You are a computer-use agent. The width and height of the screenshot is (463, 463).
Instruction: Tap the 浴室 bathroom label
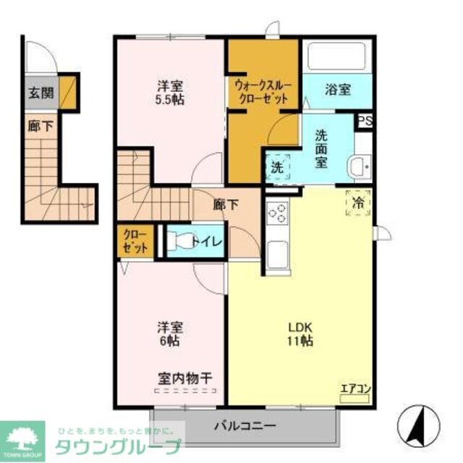(x=337, y=90)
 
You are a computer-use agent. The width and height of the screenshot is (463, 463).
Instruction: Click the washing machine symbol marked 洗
(x=278, y=167)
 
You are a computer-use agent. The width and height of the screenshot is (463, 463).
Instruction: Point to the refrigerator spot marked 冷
(x=360, y=201)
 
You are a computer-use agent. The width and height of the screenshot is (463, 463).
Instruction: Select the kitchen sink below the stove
(x=278, y=254)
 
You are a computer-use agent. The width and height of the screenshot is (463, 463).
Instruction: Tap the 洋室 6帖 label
(x=169, y=332)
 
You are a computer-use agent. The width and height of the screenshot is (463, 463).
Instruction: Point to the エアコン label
(x=355, y=388)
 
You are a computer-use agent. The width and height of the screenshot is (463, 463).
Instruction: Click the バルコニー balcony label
(x=244, y=425)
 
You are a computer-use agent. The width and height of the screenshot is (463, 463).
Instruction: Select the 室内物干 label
(x=184, y=378)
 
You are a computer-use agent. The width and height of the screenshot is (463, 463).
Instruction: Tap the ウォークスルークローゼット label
(x=263, y=92)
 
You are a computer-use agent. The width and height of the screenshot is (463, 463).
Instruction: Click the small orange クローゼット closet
(x=135, y=242)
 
